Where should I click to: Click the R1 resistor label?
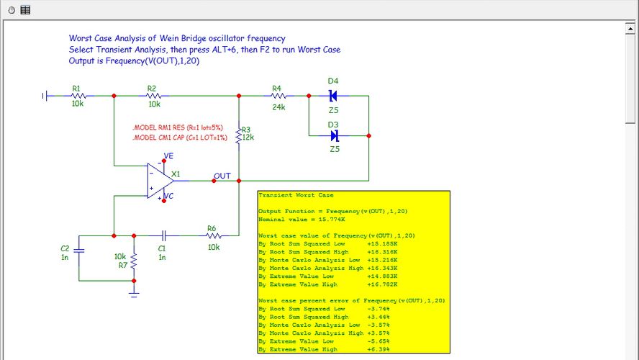click(76, 87)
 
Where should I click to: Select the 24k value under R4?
click(278, 107)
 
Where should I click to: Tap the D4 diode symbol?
click(332, 95)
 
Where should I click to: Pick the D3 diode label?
click(333, 125)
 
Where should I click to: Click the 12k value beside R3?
click(248, 137)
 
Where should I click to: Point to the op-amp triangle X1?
click(158, 180)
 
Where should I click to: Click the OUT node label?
click(222, 176)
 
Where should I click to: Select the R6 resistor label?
click(212, 228)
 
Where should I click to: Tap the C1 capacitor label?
click(162, 248)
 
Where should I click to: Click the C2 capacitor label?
click(65, 248)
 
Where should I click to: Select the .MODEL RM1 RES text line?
click(178, 127)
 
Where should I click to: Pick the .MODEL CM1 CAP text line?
click(179, 137)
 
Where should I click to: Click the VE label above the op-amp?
click(168, 156)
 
